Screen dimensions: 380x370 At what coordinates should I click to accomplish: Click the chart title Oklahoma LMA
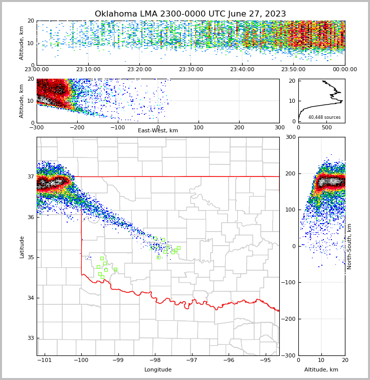point(191,14)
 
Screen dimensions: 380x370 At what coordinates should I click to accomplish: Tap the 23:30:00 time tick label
point(191,70)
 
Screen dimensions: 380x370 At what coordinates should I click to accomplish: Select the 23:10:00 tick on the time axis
point(88,70)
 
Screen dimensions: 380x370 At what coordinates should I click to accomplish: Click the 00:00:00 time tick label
point(345,70)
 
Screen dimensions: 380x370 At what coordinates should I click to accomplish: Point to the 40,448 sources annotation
point(324,117)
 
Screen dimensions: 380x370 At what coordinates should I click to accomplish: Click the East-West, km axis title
point(158,131)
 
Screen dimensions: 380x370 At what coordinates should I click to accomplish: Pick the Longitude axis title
point(158,370)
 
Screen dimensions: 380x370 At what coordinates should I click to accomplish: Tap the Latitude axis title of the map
point(22,247)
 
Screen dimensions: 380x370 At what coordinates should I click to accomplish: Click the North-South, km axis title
point(349,246)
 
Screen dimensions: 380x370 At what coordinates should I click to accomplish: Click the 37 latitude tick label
point(30,176)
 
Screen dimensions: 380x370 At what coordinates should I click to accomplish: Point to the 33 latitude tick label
point(30,338)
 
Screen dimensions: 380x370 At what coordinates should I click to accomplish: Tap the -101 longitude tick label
point(45,360)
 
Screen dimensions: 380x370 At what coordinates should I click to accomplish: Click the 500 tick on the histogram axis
point(326,127)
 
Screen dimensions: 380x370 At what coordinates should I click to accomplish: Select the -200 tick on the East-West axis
point(77,127)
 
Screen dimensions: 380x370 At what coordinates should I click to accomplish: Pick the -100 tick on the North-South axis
point(287,283)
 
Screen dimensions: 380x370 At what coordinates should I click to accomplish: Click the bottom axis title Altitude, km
point(321,370)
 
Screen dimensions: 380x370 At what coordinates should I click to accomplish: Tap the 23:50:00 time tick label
point(293,70)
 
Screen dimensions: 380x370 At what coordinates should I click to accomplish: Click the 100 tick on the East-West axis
point(199,127)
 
